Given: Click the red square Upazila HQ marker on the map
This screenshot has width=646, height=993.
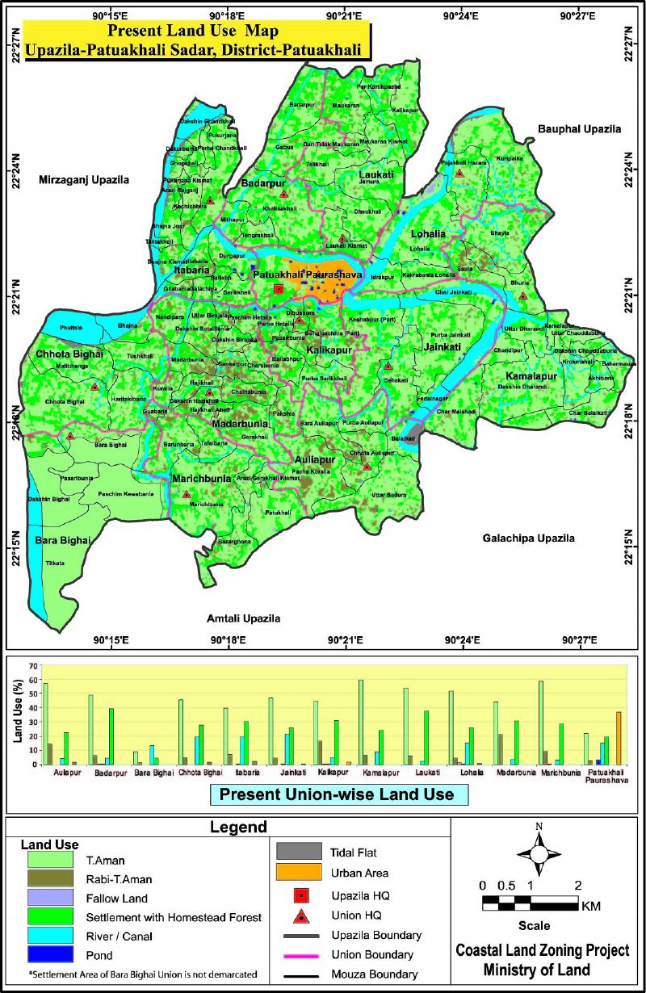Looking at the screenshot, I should pyautogui.click(x=279, y=289).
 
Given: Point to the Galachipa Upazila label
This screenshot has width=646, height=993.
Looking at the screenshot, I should pyautogui.click(x=528, y=538).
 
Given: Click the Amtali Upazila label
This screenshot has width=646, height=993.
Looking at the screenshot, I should pyautogui.click(x=244, y=619).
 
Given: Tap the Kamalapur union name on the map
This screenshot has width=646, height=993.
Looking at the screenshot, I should pyautogui.click(x=532, y=377).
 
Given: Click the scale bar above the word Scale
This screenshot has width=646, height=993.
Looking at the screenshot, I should pyautogui.click(x=530, y=903).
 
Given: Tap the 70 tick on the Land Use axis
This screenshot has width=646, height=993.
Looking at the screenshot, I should pyautogui.click(x=34, y=666).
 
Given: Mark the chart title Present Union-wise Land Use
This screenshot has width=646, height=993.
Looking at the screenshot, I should pyautogui.click(x=338, y=794).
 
